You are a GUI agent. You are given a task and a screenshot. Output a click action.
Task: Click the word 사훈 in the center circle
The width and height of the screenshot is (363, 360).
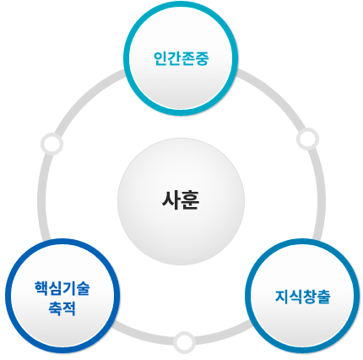click(181, 200)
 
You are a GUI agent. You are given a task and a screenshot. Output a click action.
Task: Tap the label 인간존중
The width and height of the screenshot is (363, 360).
click(181, 58)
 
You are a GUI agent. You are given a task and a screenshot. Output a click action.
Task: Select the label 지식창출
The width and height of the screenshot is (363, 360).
click(303, 297)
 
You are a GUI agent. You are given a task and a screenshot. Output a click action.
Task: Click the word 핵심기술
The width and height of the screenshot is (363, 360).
click(62, 288)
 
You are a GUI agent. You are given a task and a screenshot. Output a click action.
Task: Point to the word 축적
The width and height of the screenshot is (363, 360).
click(62, 308)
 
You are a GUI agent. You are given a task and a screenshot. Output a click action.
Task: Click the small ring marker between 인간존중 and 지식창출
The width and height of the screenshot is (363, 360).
click(307, 139)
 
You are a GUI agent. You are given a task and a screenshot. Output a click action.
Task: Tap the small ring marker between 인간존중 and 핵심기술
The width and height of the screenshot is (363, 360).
click(51, 144)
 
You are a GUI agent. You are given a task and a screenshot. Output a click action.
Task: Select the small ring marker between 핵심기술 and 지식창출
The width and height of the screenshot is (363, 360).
click(184, 342)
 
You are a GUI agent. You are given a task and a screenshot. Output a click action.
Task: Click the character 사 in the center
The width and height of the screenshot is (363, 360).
click(171, 200)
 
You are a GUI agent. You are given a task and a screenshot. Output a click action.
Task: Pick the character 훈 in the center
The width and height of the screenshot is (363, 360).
click(190, 200)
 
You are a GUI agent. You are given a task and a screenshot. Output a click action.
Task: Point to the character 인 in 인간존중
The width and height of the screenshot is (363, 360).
click(160, 58)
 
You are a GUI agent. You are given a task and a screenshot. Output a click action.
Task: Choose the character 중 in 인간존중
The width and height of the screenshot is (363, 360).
click(203, 59)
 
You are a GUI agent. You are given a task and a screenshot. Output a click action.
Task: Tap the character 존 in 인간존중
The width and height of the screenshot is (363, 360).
click(188, 59)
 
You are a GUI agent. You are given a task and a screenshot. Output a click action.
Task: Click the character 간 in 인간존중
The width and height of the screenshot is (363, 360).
click(175, 58)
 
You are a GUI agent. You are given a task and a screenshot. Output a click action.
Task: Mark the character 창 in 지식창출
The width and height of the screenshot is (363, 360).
click(310, 297)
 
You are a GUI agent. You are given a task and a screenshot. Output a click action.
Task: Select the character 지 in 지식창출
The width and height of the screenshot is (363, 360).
click(282, 297)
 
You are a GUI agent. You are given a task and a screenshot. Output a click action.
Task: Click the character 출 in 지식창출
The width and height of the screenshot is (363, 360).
click(323, 297)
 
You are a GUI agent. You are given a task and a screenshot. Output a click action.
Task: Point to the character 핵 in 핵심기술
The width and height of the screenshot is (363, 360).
click(41, 288)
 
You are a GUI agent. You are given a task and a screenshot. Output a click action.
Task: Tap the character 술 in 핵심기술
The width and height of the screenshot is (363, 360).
click(83, 288)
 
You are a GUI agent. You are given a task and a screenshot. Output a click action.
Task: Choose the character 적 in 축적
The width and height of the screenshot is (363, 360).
click(69, 308)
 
